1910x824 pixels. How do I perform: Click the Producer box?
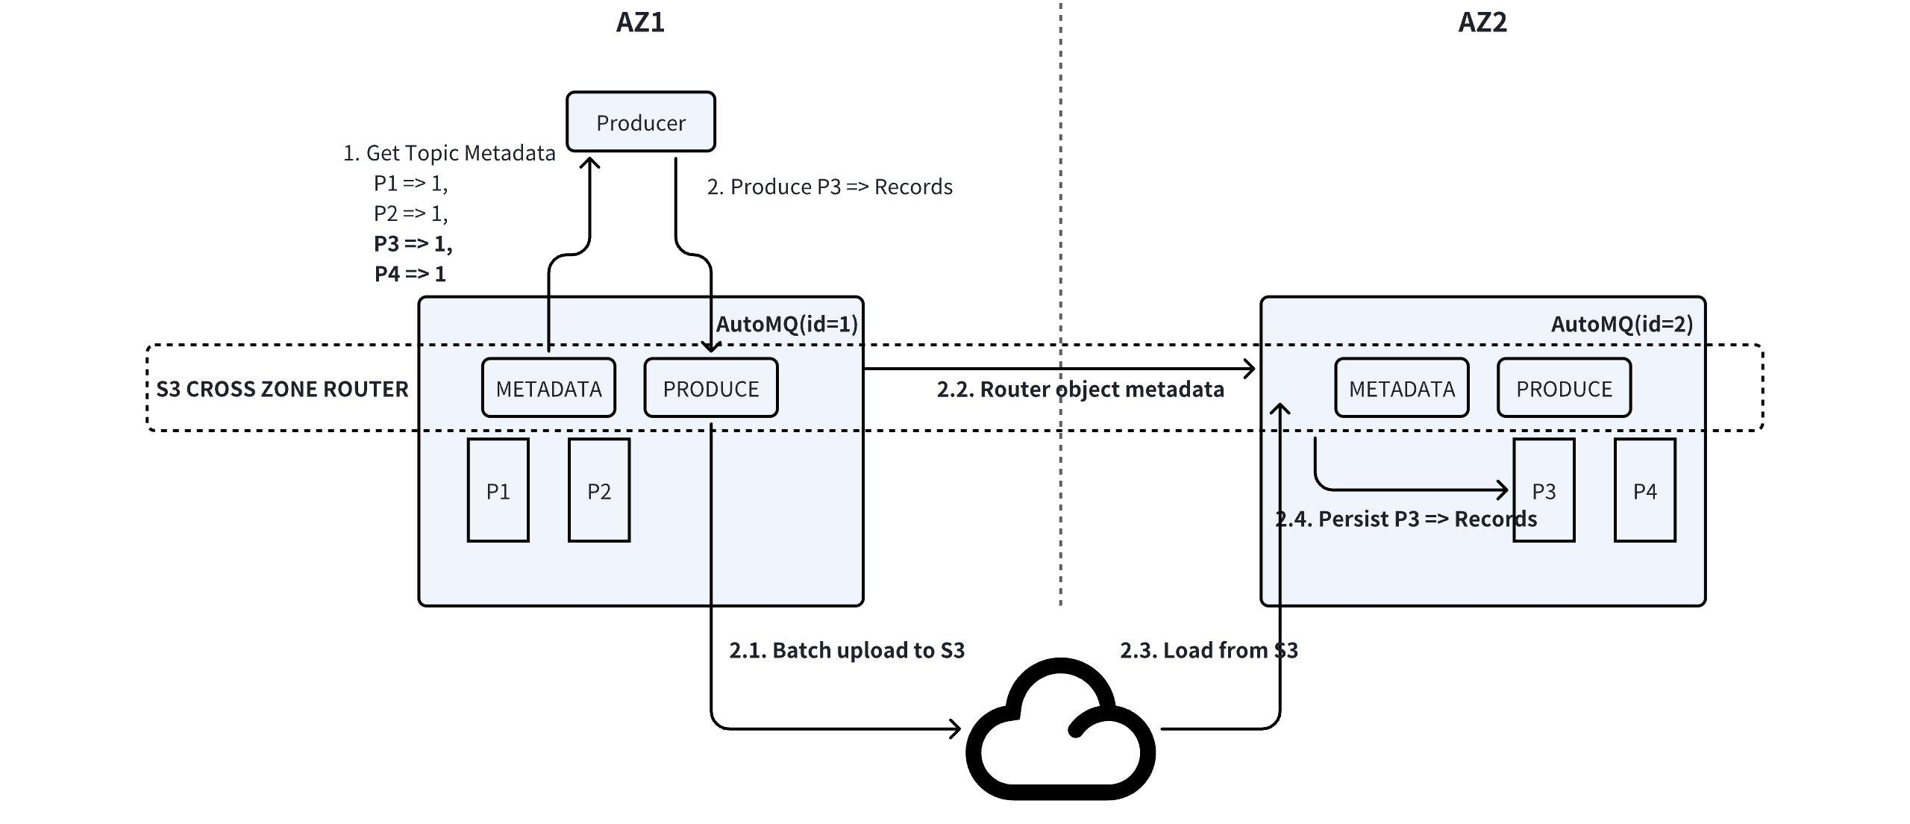point(640,122)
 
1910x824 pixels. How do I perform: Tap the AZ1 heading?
point(640,22)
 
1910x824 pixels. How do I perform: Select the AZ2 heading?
point(1482,22)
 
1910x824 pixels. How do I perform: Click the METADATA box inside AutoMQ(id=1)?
point(548,389)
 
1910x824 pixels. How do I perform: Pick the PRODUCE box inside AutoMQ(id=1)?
point(710,389)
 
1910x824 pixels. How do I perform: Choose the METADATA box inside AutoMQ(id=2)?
point(1401,389)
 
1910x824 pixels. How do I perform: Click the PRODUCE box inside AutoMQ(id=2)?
point(1564,389)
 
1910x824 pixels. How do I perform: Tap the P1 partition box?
point(498,490)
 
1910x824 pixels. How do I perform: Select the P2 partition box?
point(599,490)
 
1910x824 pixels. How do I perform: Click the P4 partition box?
point(1644,490)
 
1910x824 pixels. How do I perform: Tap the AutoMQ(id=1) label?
point(786,324)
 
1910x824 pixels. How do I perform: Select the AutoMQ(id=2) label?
point(1622,324)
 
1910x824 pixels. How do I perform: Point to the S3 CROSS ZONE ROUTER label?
point(282,389)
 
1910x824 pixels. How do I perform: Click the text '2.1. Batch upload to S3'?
point(847,650)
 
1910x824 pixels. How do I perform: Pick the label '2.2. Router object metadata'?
point(1080,390)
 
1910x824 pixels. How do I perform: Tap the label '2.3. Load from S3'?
point(1209,650)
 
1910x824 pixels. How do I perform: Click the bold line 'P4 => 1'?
point(410,274)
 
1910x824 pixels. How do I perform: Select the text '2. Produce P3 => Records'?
point(830,187)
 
